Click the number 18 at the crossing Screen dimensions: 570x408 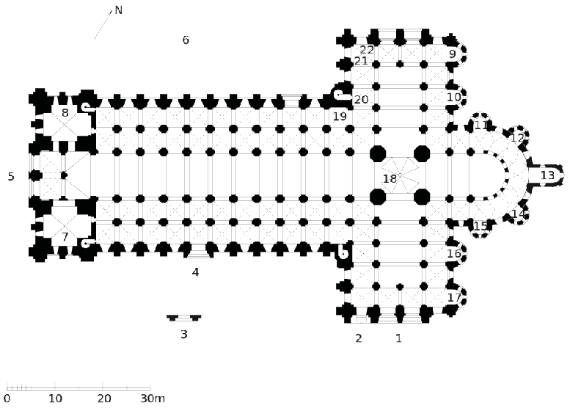tap(390, 179)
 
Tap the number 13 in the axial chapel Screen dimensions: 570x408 tap(547, 175)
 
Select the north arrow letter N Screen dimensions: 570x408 tap(118, 10)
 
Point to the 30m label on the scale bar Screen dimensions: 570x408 tap(153, 398)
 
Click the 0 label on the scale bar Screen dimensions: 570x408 tap(7, 398)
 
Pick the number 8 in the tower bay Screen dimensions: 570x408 tap(65, 113)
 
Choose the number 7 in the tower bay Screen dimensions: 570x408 tap(65, 237)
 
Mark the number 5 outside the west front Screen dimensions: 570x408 tap(11, 176)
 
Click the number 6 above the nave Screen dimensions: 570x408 tap(186, 40)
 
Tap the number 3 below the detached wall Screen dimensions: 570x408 tap(184, 334)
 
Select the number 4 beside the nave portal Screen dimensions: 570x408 tap(196, 272)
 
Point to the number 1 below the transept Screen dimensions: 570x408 tap(398, 338)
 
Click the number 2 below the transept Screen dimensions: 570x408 tap(359, 338)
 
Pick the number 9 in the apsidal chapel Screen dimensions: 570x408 tap(452, 54)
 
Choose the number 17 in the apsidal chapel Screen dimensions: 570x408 tap(454, 297)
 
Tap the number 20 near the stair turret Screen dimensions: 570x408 tap(361, 99)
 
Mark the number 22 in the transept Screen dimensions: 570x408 tap(367, 49)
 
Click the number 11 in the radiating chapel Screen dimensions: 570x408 tap(481, 125)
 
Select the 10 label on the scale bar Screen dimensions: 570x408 tap(55, 398)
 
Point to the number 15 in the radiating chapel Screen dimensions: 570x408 tap(481, 226)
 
